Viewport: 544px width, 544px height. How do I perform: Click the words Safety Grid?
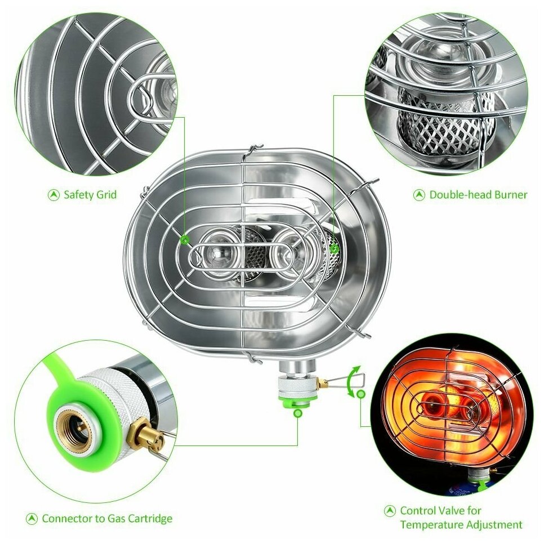pos(90,195)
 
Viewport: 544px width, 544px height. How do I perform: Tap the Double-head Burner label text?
pos(478,195)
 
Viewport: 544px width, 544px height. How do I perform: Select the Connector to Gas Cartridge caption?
pos(107,518)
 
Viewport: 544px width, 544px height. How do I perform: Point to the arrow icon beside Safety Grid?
pos(53,195)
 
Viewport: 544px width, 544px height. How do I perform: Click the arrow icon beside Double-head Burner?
pos(419,195)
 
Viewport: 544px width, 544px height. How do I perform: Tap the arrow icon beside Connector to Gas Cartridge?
pos(32,519)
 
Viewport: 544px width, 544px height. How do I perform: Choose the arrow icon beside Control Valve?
pos(390,511)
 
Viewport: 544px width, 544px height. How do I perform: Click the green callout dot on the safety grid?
pos(185,239)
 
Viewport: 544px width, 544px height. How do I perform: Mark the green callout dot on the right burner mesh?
pos(334,248)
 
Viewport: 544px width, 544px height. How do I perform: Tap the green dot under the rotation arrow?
pos(361,394)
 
